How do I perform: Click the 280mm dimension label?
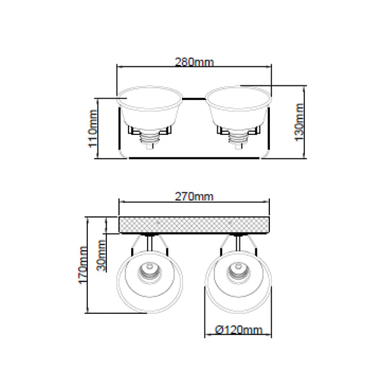coord(194,62)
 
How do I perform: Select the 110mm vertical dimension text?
coord(93,129)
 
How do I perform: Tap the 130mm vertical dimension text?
coord(299,122)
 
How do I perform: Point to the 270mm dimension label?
coord(194,196)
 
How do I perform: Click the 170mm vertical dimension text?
coord(83,265)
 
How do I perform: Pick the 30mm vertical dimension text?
coord(101,255)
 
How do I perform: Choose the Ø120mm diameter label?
coord(239,330)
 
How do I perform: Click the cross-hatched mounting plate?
coord(194,225)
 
